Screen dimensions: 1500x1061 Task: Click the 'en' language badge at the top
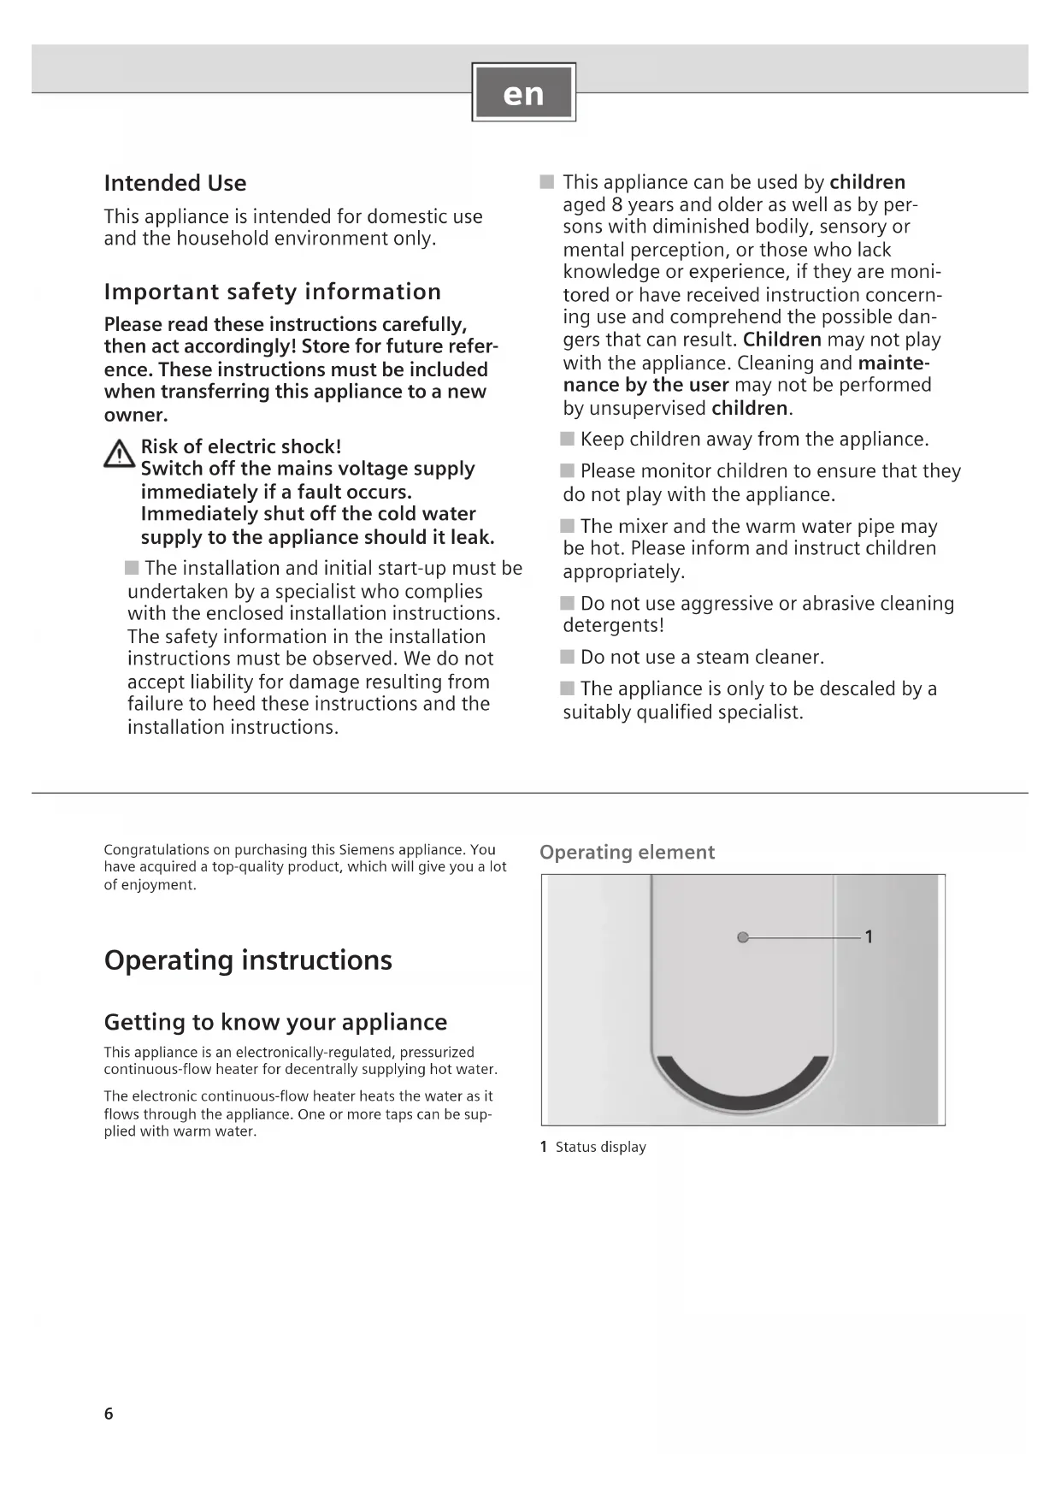click(x=523, y=92)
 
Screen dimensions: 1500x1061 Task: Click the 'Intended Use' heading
click(x=175, y=183)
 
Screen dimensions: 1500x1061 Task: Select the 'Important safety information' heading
click(x=272, y=292)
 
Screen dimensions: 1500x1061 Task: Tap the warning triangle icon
click(x=119, y=454)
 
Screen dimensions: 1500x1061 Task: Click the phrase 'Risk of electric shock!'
click(x=240, y=446)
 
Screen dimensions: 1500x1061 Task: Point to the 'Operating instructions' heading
click(x=248, y=960)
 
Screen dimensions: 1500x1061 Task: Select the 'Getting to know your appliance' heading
click(x=275, y=1022)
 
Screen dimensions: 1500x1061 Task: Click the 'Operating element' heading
click(x=627, y=853)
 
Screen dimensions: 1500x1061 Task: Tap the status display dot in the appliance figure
click(x=742, y=937)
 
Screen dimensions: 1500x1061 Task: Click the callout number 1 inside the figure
click(x=869, y=937)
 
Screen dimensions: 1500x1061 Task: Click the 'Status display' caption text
click(x=600, y=1148)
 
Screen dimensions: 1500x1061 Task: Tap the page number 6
click(x=109, y=1414)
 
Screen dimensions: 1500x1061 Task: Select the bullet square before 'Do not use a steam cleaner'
click(x=568, y=657)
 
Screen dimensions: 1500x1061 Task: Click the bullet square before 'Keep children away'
click(x=568, y=439)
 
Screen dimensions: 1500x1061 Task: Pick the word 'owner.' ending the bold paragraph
click(x=136, y=415)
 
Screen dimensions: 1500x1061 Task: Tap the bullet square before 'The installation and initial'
click(x=132, y=568)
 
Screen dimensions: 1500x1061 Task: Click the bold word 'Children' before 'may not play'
click(x=782, y=340)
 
